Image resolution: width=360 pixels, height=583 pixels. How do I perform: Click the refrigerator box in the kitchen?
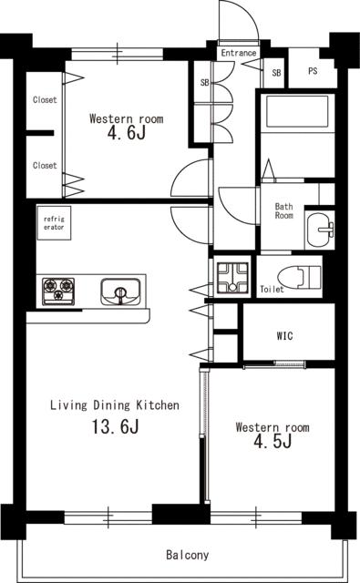pyautogui.click(x=54, y=223)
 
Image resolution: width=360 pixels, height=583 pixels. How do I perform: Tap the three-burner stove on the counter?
pyautogui.click(x=58, y=291)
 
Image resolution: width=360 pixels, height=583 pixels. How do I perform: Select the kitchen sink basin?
pyautogui.click(x=120, y=291)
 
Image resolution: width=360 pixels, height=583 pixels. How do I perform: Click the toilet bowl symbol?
pyautogui.click(x=299, y=276)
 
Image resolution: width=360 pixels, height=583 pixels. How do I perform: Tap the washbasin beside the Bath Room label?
pyautogui.click(x=320, y=230)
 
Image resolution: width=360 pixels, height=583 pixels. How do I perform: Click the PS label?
pyautogui.click(x=313, y=71)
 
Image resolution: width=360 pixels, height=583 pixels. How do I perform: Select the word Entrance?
pyautogui.click(x=239, y=53)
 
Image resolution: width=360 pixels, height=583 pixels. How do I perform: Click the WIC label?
pyautogui.click(x=285, y=336)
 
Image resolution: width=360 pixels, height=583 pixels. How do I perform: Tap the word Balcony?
pyautogui.click(x=187, y=555)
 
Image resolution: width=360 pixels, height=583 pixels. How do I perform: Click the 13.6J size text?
pyautogui.click(x=115, y=426)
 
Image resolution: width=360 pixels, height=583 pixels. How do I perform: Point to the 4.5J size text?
pyautogui.click(x=273, y=441)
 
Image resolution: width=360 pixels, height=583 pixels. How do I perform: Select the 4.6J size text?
pyautogui.click(x=127, y=133)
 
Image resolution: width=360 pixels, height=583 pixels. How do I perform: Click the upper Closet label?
pyautogui.click(x=45, y=99)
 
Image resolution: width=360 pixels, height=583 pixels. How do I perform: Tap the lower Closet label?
pyautogui.click(x=45, y=165)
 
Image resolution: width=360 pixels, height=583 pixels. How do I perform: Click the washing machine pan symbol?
pyautogui.click(x=232, y=277)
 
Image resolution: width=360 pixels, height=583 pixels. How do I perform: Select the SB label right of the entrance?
pyautogui.click(x=276, y=73)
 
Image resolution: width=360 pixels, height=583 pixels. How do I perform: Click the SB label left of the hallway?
pyautogui.click(x=204, y=83)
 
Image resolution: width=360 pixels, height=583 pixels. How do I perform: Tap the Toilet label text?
pyautogui.click(x=272, y=290)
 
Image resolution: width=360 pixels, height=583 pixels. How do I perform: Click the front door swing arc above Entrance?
pyautogui.click(x=247, y=10)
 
